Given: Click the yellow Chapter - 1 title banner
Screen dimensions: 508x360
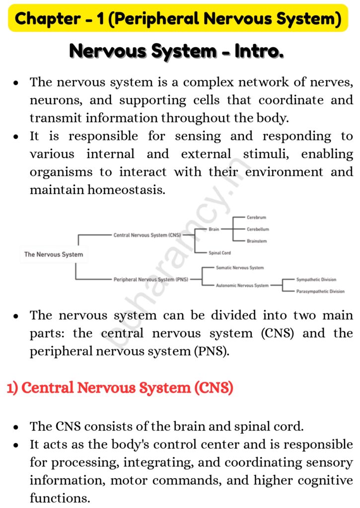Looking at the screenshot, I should click(178, 19).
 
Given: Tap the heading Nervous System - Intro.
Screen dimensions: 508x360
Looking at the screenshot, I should click(176, 51).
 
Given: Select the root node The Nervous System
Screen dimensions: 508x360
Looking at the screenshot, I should click(54, 254).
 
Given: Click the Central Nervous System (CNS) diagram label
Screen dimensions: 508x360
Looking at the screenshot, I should click(147, 235).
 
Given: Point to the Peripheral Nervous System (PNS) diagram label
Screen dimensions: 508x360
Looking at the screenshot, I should click(151, 279).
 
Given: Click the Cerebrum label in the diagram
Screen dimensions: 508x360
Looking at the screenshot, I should click(257, 218).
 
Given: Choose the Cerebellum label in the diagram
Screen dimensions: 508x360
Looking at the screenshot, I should click(258, 230).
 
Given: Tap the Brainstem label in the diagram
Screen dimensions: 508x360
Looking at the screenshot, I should click(257, 241).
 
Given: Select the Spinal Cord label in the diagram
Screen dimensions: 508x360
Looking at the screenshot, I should click(220, 253).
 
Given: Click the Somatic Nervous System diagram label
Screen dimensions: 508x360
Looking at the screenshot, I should click(240, 268).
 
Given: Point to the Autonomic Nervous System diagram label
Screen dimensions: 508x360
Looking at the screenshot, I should click(242, 286).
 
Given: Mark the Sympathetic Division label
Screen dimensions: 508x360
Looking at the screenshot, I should click(316, 280).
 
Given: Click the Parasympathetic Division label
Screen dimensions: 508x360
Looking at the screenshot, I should click(320, 292).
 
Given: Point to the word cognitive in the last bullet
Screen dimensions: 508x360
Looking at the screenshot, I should click(327, 480).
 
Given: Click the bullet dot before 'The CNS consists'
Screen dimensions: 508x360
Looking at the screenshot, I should click(16, 427).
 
